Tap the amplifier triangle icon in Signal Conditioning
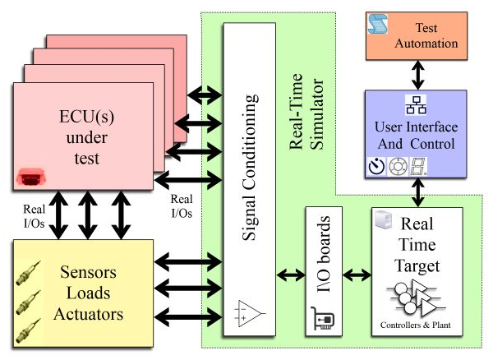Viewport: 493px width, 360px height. click(x=248, y=314)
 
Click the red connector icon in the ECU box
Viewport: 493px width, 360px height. click(x=30, y=177)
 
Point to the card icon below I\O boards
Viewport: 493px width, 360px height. click(x=323, y=316)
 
